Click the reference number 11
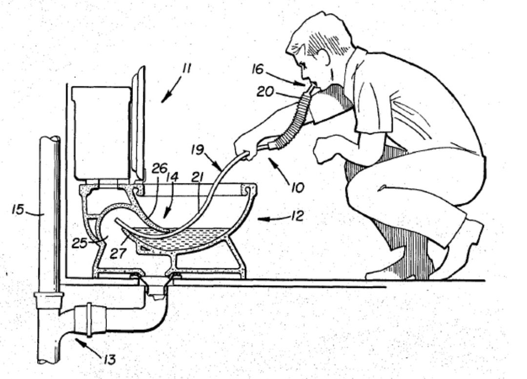pyautogui.click(x=186, y=68)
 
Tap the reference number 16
pyautogui.click(x=258, y=69)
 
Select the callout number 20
pyautogui.click(x=265, y=91)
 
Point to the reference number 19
pyautogui.click(x=197, y=149)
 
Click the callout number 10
pyautogui.click(x=298, y=187)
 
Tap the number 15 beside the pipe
pyautogui.click(x=18, y=209)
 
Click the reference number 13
pyautogui.click(x=109, y=359)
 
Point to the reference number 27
pyautogui.click(x=118, y=253)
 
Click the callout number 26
pyautogui.click(x=159, y=168)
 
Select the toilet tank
pyautogui.click(x=101, y=133)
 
